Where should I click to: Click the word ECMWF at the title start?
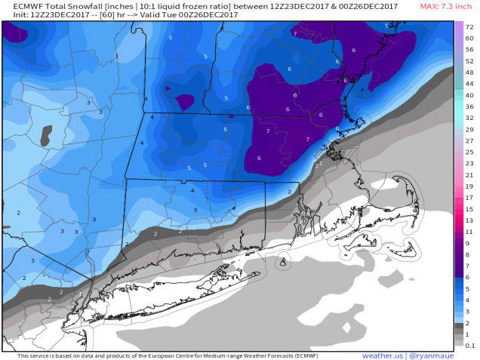pyautogui.click(x=19, y=7)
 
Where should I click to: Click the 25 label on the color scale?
pyautogui.click(x=469, y=152)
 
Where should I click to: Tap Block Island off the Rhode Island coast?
pyautogui.click(x=282, y=262)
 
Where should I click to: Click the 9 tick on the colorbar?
pyautogui.click(x=469, y=245)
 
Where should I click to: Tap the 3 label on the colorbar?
pyautogui.click(x=469, y=311)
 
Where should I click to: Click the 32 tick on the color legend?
pyautogui.click(x=469, y=118)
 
